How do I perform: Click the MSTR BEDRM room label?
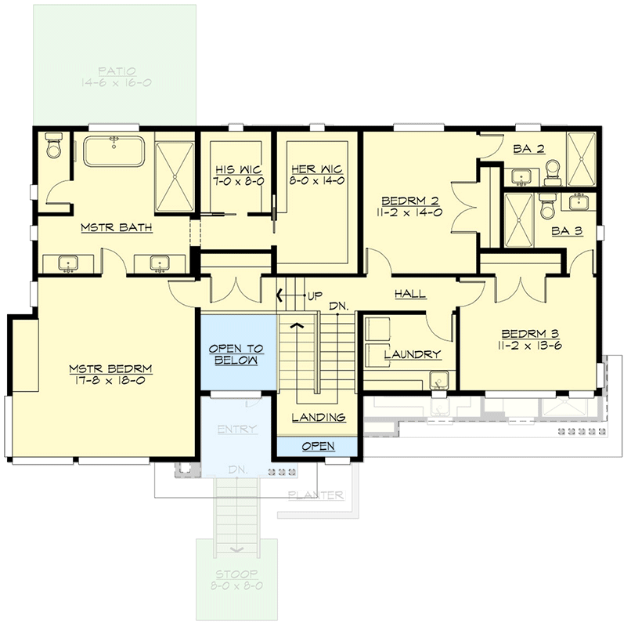(109, 368)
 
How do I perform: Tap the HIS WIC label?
(238, 169)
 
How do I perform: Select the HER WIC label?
(316, 169)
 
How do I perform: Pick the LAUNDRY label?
(412, 354)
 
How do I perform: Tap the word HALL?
(410, 294)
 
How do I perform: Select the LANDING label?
(318, 418)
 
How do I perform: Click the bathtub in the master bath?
(115, 151)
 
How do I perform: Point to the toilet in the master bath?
(53, 146)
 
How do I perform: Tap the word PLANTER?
(315, 495)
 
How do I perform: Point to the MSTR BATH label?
(116, 228)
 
